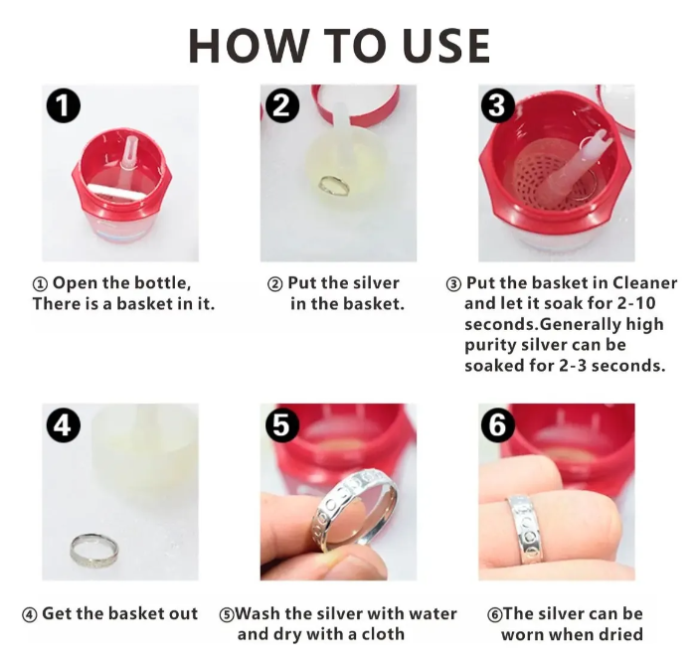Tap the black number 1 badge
(64, 106)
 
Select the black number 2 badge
(282, 106)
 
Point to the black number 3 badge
(497, 106)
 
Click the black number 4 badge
(64, 425)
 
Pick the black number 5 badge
(282, 425)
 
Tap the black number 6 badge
(497, 425)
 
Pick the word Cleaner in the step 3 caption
(644, 283)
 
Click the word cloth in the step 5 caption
(383, 634)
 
